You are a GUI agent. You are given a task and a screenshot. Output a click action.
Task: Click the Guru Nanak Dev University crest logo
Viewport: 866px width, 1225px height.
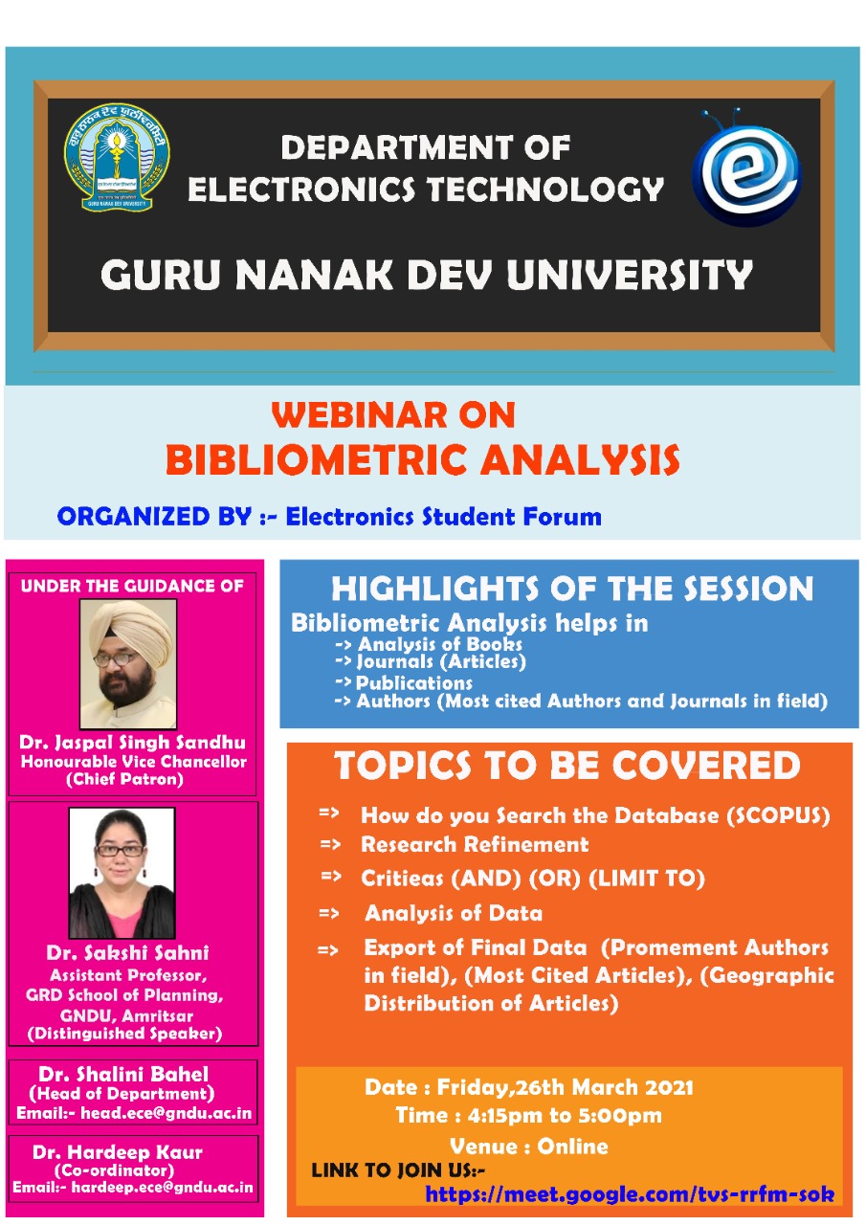pyautogui.click(x=117, y=157)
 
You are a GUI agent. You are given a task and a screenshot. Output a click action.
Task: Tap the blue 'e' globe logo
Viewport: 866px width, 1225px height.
pyautogui.click(x=746, y=167)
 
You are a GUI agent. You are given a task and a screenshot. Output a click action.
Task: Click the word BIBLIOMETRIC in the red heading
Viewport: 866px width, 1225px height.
pyautogui.click(x=317, y=459)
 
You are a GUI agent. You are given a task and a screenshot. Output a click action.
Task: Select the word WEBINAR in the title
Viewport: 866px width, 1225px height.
pyautogui.click(x=359, y=414)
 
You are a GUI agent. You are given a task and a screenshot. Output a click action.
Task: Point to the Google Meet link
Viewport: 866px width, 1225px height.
pyautogui.click(x=630, y=1193)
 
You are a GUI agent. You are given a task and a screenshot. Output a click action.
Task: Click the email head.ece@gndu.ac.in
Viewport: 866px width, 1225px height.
pyautogui.click(x=167, y=1113)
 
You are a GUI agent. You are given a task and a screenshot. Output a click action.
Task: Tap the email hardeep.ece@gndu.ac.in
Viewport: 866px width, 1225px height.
pyautogui.click(x=163, y=1187)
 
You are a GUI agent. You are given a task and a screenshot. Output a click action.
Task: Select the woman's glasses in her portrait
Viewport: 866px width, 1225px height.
pyautogui.click(x=120, y=851)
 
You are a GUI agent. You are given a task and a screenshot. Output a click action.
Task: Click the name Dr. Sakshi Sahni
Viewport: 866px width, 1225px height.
pyautogui.click(x=128, y=952)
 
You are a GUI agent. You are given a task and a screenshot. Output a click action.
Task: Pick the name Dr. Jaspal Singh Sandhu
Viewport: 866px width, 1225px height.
pyautogui.click(x=132, y=742)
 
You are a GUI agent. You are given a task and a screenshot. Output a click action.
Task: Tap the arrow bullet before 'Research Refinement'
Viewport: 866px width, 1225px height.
pyautogui.click(x=330, y=844)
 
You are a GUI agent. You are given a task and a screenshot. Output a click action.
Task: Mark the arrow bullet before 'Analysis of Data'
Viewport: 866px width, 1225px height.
pyautogui.click(x=328, y=913)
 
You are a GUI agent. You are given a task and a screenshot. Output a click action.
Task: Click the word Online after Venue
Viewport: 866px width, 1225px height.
pyautogui.click(x=572, y=1146)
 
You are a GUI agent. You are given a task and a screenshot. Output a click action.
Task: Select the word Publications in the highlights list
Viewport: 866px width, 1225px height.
pyautogui.click(x=414, y=683)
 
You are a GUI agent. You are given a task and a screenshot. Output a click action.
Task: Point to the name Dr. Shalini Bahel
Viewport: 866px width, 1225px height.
pyautogui.click(x=123, y=1074)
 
